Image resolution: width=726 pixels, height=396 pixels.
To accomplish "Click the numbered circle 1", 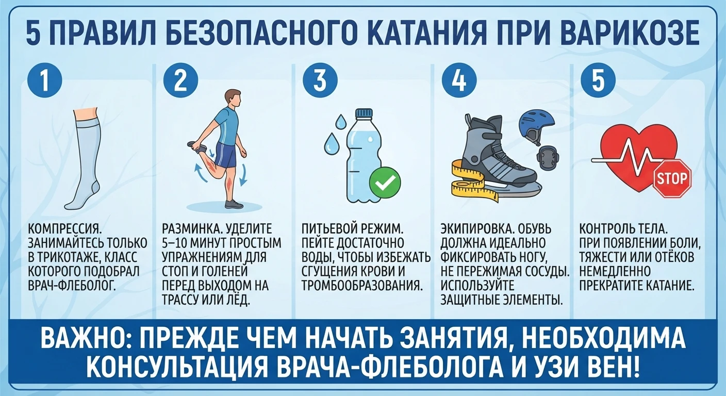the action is (45, 80).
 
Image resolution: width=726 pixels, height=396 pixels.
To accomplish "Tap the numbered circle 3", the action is (320, 80).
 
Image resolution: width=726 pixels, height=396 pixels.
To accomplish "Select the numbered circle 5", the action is (598, 80).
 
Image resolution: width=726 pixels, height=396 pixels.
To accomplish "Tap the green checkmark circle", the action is (385, 183).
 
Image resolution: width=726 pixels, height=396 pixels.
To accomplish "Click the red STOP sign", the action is (672, 178).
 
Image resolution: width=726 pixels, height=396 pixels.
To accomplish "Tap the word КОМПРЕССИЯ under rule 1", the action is (65, 229).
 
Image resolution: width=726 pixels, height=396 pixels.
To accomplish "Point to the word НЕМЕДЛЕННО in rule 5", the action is (615, 272).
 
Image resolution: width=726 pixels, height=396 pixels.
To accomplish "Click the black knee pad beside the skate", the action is (548, 158).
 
